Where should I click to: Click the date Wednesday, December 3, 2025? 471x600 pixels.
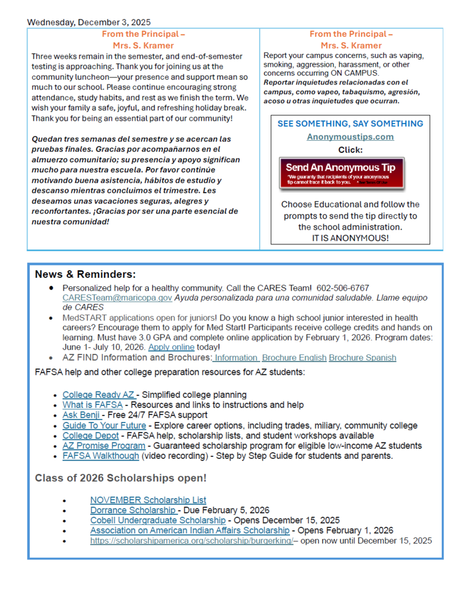[88, 22]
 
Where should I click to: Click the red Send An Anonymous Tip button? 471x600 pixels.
[342, 172]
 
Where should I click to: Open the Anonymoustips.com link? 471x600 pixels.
[350, 137]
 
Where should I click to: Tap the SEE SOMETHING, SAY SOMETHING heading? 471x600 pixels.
[350, 124]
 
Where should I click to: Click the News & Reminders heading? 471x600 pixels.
[86, 274]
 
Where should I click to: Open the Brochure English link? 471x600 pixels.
[293, 357]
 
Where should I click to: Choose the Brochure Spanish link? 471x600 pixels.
[362, 357]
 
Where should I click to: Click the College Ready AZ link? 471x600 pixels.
[98, 395]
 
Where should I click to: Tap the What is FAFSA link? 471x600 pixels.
[93, 405]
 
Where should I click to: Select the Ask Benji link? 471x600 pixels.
[81, 415]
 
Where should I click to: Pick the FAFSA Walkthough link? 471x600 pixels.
[101, 456]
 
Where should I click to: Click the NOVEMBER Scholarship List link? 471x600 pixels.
[148, 500]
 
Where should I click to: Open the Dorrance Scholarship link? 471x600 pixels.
[133, 510]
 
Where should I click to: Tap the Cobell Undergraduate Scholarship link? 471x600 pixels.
[158, 520]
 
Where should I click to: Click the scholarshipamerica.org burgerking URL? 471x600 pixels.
[192, 541]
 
